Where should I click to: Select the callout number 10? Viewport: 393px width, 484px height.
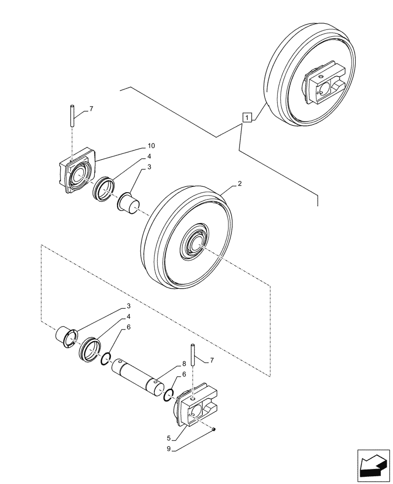pyautogui.click(x=151, y=146)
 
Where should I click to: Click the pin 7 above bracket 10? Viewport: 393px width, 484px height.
pyautogui.click(x=72, y=116)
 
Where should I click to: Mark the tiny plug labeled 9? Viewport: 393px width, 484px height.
pyautogui.click(x=214, y=429)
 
